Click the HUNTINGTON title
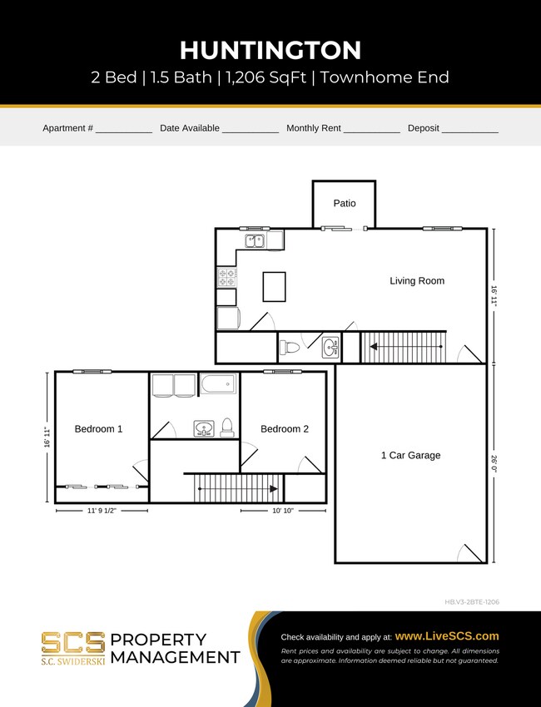click(270, 50)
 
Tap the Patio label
click(344, 203)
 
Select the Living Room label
click(417, 281)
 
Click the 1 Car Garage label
click(410, 456)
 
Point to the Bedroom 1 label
click(98, 429)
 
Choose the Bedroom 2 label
click(285, 429)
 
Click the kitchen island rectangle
click(274, 287)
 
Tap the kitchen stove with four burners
click(227, 277)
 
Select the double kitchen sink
click(256, 240)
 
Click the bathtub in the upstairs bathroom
click(218, 385)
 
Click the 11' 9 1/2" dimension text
click(102, 512)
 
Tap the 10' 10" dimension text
click(283, 512)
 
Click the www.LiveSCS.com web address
click(447, 635)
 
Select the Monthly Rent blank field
click(371, 129)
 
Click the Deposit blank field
click(469, 129)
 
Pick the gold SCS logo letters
click(73, 642)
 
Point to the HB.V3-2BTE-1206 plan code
click(472, 601)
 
